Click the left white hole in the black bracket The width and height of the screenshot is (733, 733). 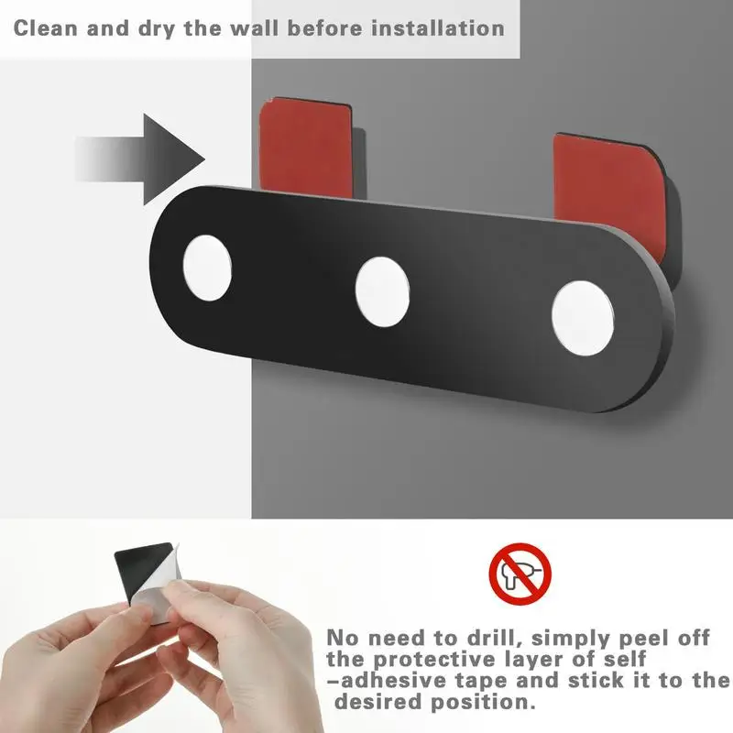207,268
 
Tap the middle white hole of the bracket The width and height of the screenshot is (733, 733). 382,291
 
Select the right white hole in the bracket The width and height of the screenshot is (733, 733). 582,318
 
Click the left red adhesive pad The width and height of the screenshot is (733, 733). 307,146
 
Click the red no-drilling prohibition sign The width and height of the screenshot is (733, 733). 520,574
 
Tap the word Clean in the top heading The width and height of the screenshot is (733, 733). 45,28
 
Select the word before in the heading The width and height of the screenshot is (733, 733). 324,28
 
